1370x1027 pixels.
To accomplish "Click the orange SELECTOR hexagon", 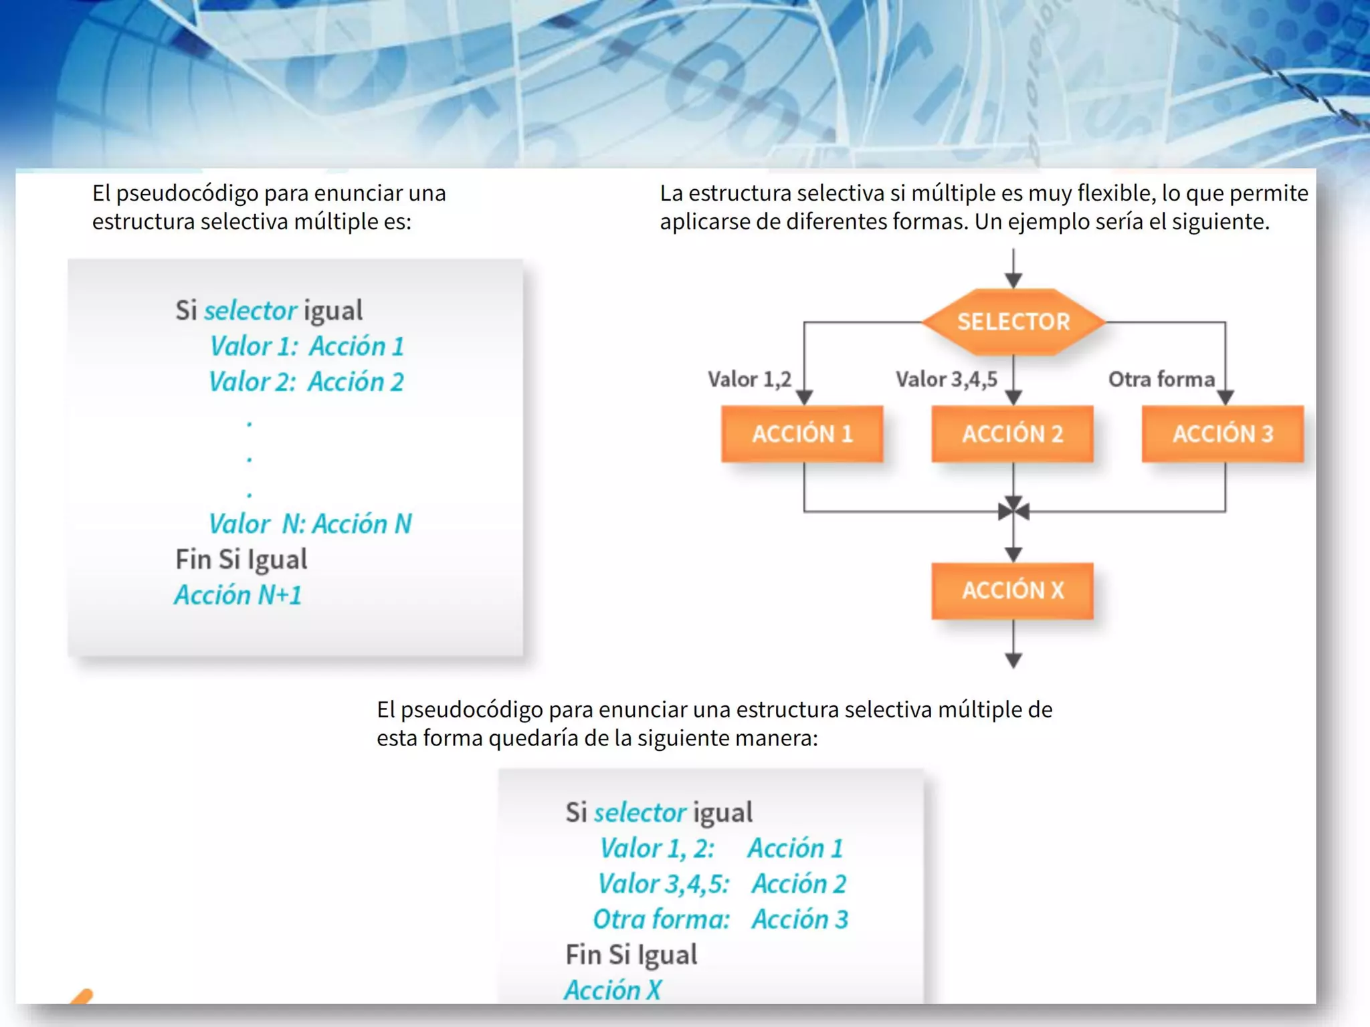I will [1013, 322].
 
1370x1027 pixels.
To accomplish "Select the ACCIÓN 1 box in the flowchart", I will [802, 434].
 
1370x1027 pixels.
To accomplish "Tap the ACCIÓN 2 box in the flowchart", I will [1012, 434].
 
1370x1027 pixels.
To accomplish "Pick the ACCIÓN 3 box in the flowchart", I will [1222, 434].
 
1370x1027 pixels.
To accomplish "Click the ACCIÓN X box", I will [1012, 590].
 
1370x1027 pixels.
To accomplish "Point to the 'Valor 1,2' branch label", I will [749, 379].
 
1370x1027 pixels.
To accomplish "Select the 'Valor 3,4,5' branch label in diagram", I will [946, 379].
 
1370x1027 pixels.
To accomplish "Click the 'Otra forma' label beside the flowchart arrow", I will [1161, 379].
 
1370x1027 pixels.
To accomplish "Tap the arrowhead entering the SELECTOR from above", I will [1013, 280].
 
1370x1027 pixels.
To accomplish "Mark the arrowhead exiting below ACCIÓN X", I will [1013, 661].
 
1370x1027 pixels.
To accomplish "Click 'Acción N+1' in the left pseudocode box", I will [238, 595].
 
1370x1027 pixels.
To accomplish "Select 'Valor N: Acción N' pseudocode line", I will [310, 524].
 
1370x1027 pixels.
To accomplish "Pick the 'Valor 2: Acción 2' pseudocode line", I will [306, 382].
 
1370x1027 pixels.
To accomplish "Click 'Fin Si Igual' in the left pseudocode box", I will [241, 560].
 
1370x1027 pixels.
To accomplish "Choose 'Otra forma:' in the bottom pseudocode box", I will [661, 919].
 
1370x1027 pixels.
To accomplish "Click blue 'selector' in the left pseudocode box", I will [250, 310].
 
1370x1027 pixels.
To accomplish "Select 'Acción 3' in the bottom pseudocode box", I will [799, 919].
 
